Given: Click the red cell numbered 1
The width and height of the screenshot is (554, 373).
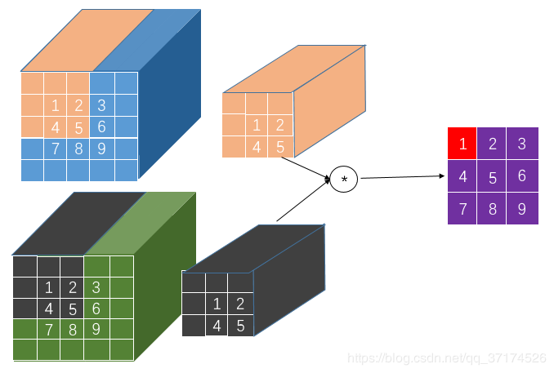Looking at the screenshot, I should [463, 144].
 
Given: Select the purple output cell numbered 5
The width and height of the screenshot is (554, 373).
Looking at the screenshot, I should [493, 177].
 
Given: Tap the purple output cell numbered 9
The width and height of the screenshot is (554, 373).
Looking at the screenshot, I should [522, 208].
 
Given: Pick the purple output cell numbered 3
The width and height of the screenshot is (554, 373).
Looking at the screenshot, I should [522, 144].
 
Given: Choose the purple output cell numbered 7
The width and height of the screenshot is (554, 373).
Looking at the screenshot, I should [463, 208].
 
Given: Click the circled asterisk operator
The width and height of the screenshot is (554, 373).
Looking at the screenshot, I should [344, 179].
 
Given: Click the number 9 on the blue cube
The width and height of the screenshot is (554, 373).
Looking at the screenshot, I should [101, 149].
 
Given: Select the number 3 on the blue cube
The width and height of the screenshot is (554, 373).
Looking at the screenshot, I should [101, 105].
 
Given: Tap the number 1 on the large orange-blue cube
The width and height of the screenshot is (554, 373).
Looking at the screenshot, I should [56, 105].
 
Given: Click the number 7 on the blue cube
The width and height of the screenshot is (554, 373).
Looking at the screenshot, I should [56, 149].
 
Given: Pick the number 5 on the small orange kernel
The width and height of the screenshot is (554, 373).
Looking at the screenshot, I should [279, 148].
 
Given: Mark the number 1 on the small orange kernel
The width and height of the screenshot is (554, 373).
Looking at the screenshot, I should [257, 126].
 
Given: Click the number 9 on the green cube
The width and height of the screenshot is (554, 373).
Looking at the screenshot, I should [96, 330].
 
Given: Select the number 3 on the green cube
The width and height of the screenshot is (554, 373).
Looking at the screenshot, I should [96, 287].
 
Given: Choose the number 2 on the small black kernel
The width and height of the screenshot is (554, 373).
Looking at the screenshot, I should [240, 304].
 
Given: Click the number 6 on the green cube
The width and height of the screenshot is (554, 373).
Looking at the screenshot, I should [96, 309].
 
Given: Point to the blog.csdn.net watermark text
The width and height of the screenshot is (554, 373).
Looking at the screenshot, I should [446, 357].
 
